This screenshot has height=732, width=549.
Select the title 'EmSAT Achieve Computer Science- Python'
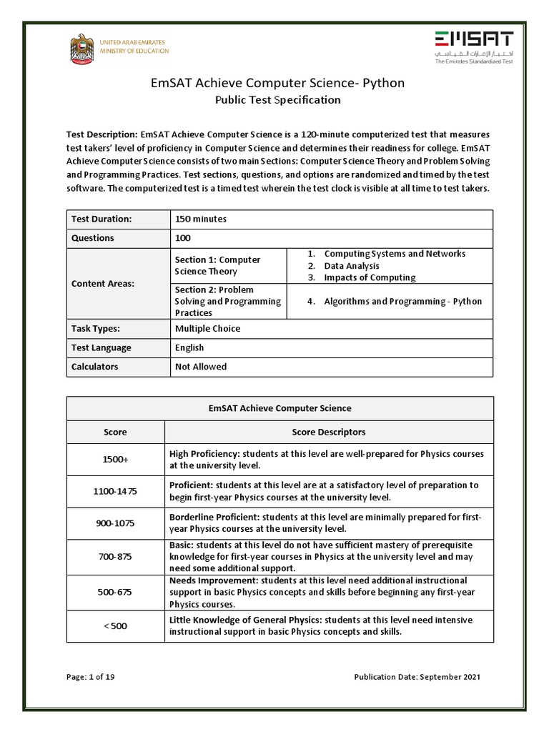coord(277,83)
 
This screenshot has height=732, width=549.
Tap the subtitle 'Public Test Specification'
coord(277,100)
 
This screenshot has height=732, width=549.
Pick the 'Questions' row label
coord(92,238)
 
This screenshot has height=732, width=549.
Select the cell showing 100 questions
coord(183,238)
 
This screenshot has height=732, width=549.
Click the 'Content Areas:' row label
coord(103,284)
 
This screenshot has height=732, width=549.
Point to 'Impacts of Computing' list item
coord(369,277)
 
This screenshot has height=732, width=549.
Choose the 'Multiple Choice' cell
coord(207,329)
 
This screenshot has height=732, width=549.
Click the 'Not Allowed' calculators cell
coord(201,367)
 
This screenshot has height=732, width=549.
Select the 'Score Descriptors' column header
coord(329,432)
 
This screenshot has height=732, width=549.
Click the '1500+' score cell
coord(115,460)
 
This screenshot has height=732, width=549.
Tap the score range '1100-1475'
coord(115,492)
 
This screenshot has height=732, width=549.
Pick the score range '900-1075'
coord(115,523)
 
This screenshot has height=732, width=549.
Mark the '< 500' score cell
coord(115,626)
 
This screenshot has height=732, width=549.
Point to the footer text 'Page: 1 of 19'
coord(90,677)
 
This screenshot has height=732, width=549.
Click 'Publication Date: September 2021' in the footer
coord(417,677)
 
